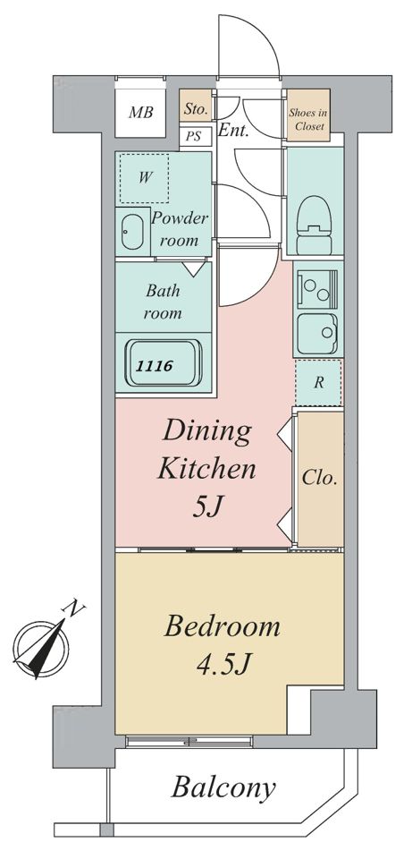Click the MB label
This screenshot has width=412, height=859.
click(x=140, y=113)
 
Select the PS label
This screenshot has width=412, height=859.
click(x=193, y=136)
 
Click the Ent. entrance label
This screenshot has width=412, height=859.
click(x=233, y=131)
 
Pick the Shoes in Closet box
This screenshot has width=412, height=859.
click(x=308, y=118)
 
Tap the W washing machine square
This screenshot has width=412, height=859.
click(x=145, y=178)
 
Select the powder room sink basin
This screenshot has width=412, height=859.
click(x=131, y=232)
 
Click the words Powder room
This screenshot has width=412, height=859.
click(x=180, y=230)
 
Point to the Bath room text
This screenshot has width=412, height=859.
click(x=163, y=302)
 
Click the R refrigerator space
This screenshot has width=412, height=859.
click(x=318, y=383)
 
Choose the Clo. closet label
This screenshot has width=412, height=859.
click(x=319, y=478)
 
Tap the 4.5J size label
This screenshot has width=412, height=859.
click(x=223, y=665)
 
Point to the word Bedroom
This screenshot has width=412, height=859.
click(x=223, y=627)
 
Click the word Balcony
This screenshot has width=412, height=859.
click(x=223, y=788)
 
